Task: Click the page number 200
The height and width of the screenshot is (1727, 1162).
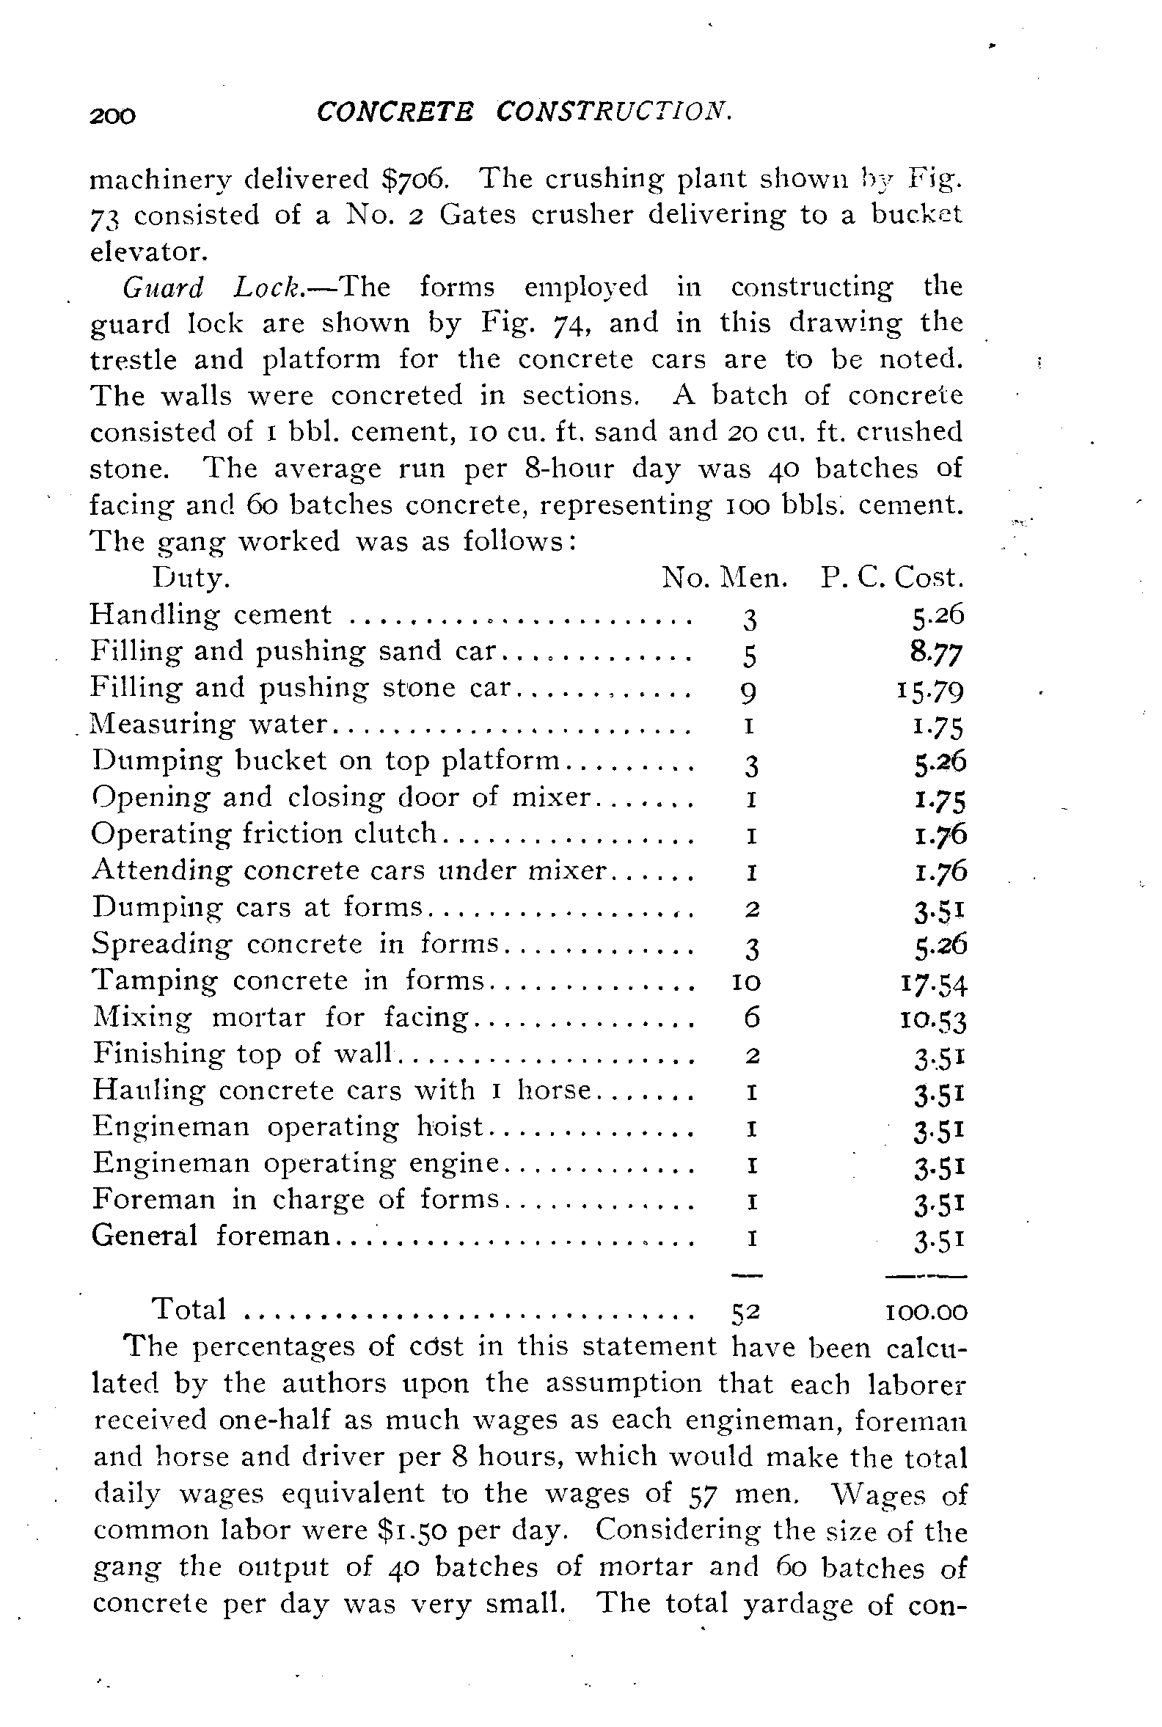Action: tap(113, 116)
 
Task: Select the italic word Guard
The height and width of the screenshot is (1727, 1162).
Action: tap(162, 287)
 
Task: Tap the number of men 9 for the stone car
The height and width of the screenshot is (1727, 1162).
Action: tap(749, 693)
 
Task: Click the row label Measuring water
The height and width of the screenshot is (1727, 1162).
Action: tap(209, 724)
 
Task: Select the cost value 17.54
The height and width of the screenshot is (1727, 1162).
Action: tap(934, 985)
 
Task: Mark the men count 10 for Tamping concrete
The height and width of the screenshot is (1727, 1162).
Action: tap(746, 983)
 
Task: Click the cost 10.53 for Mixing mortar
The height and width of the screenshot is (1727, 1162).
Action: tap(933, 1021)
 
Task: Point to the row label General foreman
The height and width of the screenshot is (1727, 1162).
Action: tap(211, 1236)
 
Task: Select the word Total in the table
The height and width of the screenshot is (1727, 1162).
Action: tap(189, 1310)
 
